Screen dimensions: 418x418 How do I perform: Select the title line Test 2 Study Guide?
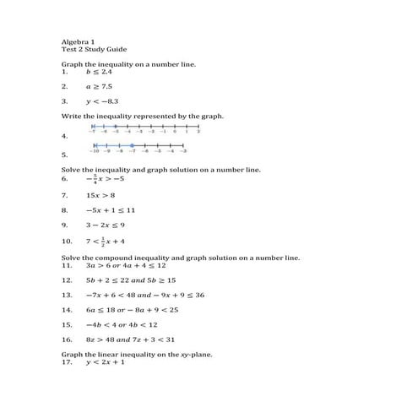click(94, 49)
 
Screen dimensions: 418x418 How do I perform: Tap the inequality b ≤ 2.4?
click(99, 72)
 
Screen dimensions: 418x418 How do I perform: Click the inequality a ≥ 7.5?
click(99, 86)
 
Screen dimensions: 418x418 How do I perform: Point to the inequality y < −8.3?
click(102, 100)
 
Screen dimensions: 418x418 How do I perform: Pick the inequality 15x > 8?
click(100, 194)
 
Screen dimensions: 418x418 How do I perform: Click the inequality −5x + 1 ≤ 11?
click(111, 209)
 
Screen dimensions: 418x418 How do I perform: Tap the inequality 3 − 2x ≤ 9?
click(106, 225)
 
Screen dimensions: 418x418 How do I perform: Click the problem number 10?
click(68, 242)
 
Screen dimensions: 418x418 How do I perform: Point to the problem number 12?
click(68, 280)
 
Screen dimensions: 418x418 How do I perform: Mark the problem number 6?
click(65, 179)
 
